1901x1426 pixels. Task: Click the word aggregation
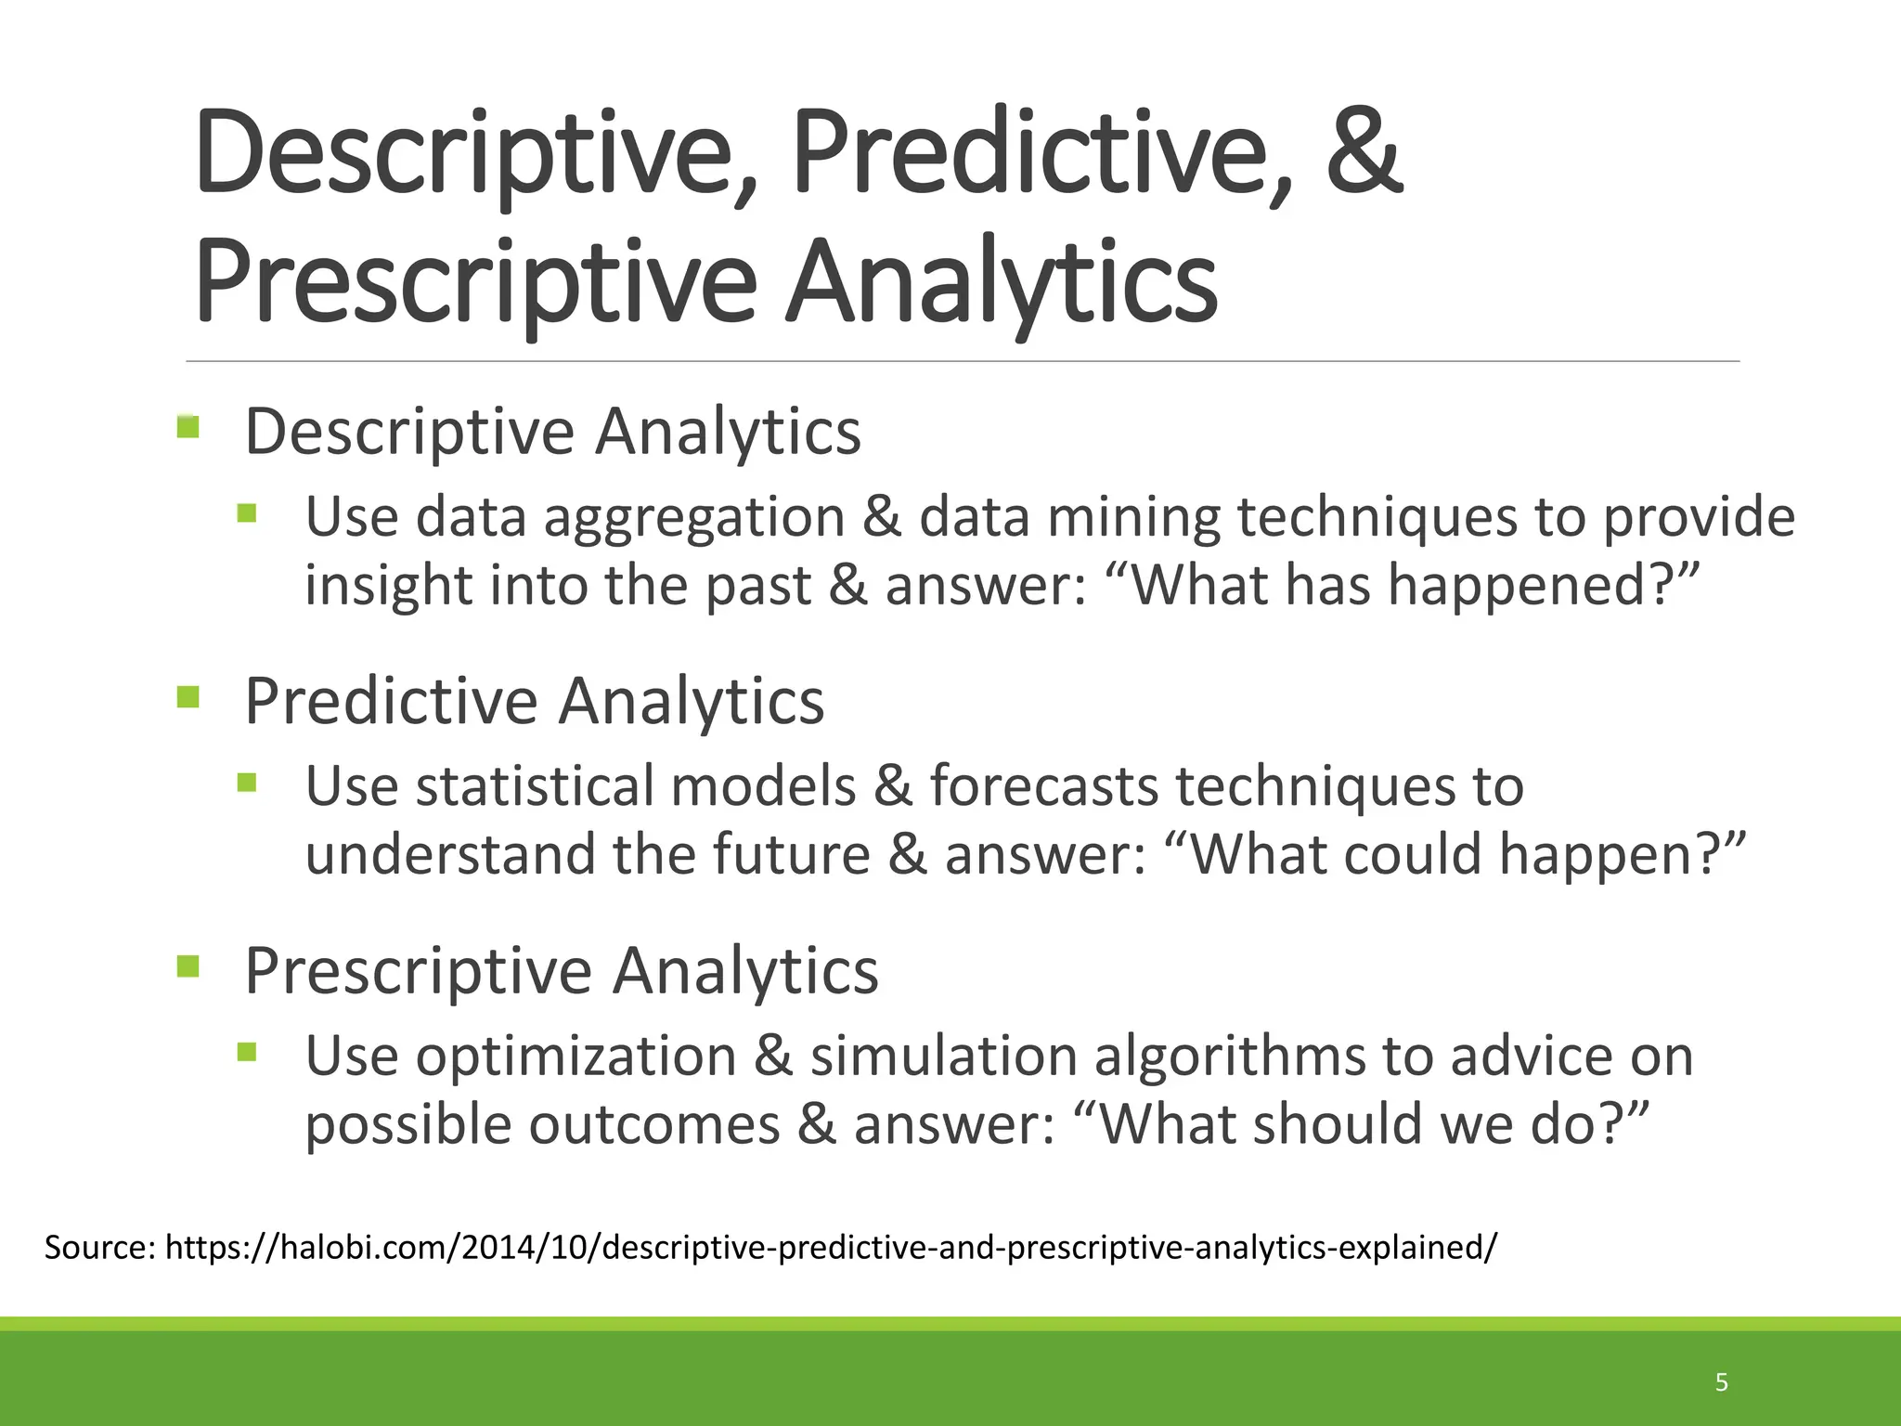(694, 518)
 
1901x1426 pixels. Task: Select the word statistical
(535, 786)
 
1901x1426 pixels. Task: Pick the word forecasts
(1044, 786)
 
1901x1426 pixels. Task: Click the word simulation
(943, 1057)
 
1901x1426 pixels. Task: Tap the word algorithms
(1229, 1057)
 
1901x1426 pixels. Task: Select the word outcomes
(654, 1124)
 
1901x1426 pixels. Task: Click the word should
(1337, 1124)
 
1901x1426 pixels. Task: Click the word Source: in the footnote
(100, 1247)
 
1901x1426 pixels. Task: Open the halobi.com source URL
(831, 1247)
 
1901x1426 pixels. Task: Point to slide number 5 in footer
(1722, 1382)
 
